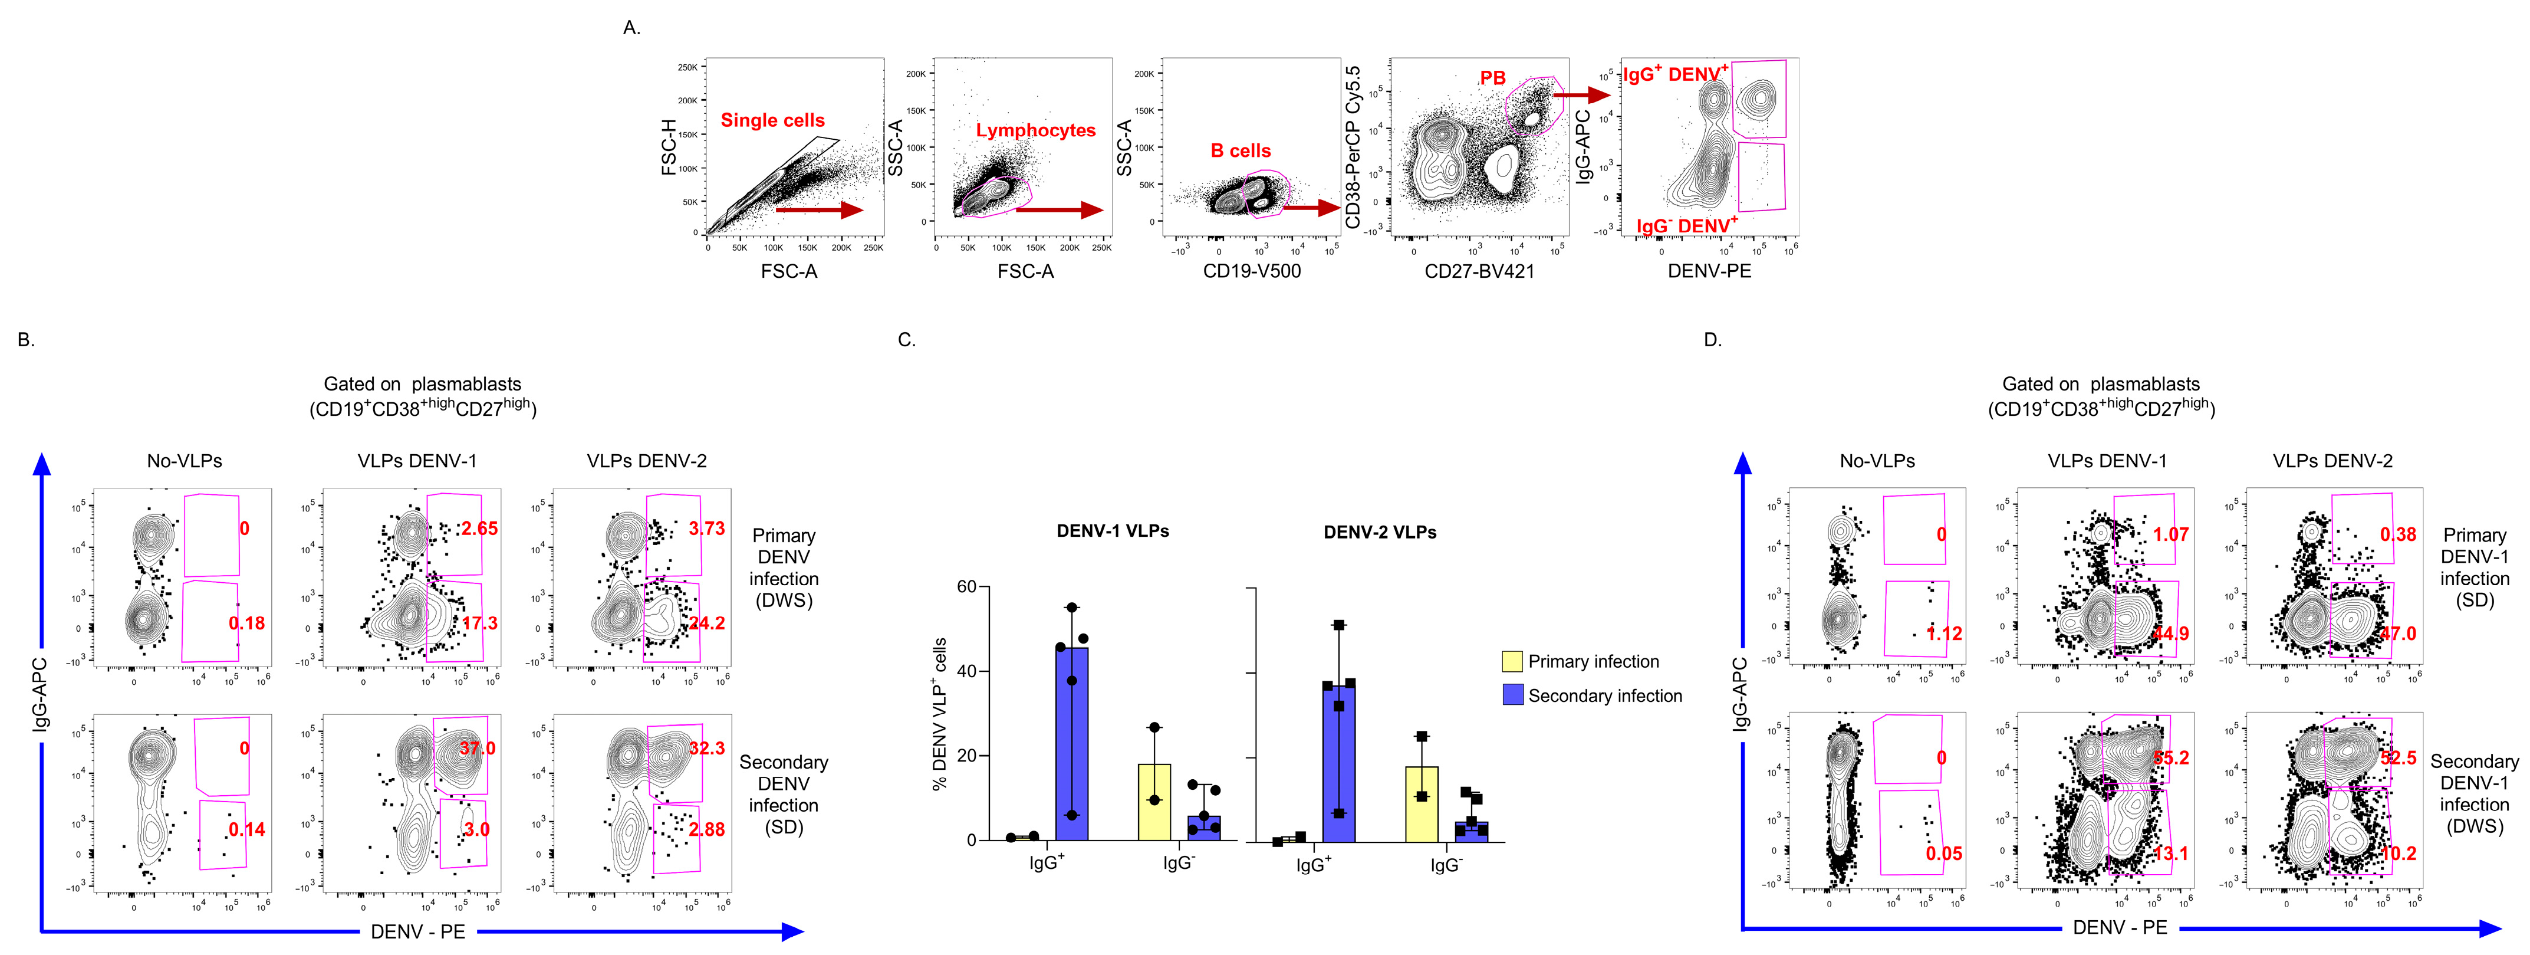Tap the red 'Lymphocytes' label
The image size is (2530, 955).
click(1035, 131)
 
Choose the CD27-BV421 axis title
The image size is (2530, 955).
click(1479, 271)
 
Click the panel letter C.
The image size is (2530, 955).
click(906, 340)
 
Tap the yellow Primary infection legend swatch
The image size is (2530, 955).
click(1512, 661)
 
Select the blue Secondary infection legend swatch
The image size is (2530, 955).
click(1512, 695)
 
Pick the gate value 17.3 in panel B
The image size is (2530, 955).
click(481, 623)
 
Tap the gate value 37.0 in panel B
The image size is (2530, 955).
click(478, 749)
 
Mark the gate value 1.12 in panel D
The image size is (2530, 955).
click(1945, 634)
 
